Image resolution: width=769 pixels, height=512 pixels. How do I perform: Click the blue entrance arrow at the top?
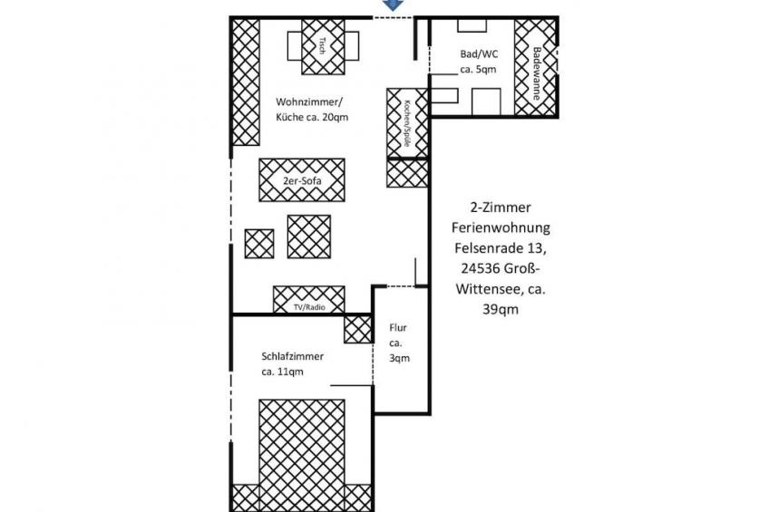393,5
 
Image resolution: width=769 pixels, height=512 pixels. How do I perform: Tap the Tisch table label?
322,46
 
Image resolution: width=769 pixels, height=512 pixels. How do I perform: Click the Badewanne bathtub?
536,67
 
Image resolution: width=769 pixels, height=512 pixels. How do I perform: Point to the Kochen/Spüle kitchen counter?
407,123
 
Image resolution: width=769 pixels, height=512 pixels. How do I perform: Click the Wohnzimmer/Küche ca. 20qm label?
312,110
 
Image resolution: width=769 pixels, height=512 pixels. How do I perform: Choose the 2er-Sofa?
302,179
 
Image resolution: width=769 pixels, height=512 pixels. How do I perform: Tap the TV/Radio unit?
309,299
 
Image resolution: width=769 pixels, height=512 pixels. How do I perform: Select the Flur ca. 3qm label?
399,343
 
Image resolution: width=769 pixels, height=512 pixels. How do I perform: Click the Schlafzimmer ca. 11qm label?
292,363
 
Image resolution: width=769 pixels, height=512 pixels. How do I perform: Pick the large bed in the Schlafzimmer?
302,456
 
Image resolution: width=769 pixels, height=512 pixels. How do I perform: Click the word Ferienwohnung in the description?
501,227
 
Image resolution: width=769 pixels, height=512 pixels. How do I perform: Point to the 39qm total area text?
501,309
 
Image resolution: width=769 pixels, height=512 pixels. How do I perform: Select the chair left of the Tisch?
294,46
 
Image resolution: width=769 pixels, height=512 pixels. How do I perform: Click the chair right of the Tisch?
352,46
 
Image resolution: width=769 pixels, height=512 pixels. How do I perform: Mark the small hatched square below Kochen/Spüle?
407,173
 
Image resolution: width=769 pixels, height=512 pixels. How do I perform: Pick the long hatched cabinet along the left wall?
245,82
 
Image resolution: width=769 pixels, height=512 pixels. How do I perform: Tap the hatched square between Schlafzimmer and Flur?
358,329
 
